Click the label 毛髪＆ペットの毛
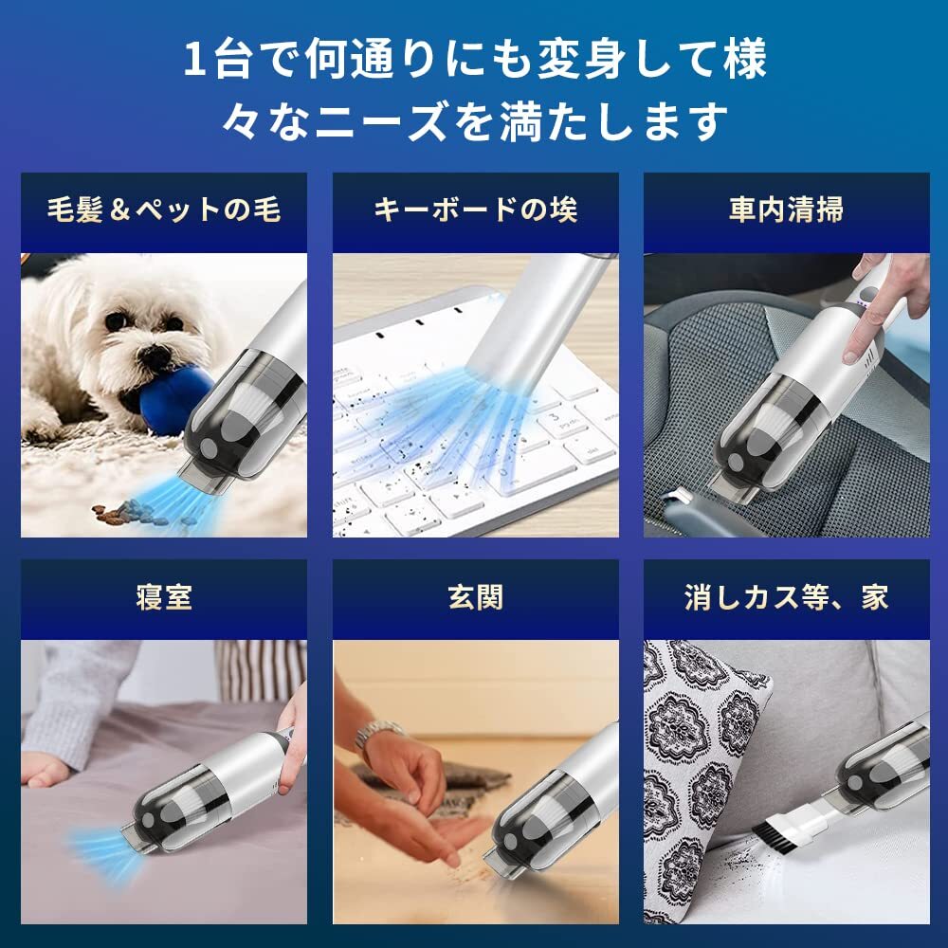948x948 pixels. pos(163,210)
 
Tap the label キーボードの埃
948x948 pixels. pos(475,210)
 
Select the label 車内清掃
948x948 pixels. pos(786,210)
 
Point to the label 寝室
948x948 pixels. pos(163,597)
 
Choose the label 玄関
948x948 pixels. pos(475,597)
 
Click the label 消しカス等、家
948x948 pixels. pos(786,597)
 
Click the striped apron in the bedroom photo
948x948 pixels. pos(259,668)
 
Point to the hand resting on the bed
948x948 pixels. pos(45,768)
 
